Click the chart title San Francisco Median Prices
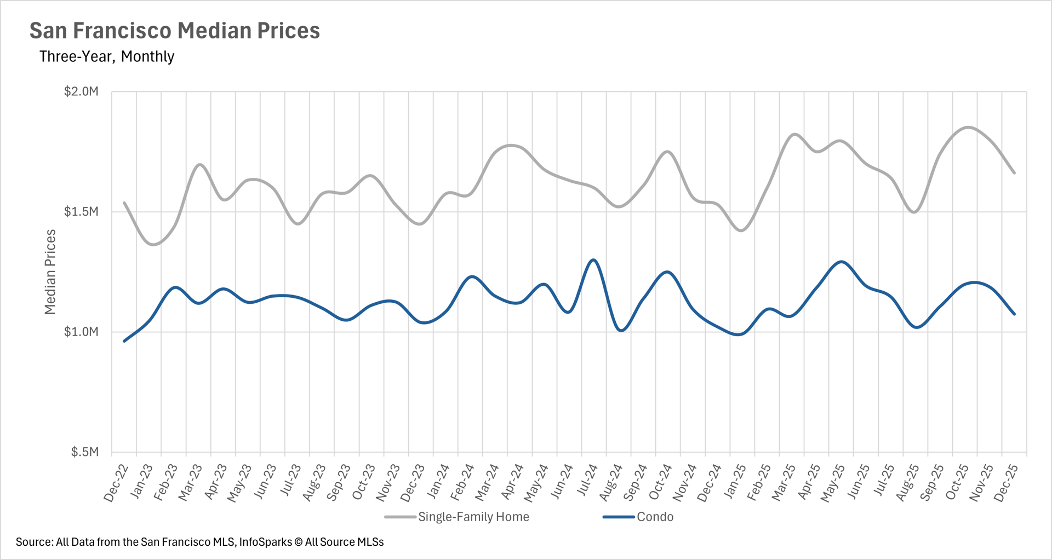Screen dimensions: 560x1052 coord(174,31)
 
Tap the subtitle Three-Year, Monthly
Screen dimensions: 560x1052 coord(107,56)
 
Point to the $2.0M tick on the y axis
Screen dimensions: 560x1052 coord(81,91)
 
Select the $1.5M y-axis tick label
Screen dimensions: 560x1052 coord(81,212)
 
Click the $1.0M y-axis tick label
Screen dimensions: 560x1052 coord(81,332)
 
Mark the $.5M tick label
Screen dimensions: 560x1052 coord(84,452)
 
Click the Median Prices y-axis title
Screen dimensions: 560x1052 coord(50,272)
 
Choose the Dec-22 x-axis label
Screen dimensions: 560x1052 coord(116,482)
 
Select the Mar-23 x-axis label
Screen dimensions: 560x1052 coord(190,482)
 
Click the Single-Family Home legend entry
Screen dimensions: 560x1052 coord(473,517)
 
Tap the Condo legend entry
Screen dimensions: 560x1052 coord(655,517)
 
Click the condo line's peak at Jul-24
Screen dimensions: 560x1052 coord(593,260)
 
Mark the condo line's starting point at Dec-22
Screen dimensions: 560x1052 coord(124,341)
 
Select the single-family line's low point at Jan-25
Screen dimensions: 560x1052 coord(741,230)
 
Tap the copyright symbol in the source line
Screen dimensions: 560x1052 coord(299,542)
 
